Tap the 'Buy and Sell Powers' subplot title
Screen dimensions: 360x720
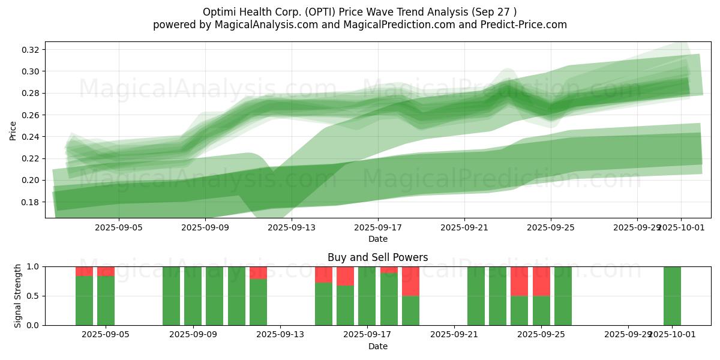(x=377, y=257)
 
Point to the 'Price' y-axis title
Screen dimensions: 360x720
(x=13, y=130)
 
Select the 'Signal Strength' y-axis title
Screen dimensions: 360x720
(x=18, y=296)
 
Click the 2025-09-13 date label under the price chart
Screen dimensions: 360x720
(x=291, y=227)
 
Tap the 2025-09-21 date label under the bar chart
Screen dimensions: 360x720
(x=454, y=335)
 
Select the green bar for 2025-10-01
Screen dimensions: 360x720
(x=672, y=296)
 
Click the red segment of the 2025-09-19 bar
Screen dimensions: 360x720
(x=410, y=281)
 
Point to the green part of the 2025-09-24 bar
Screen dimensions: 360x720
(x=519, y=310)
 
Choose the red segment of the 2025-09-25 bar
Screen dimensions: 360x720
(x=541, y=281)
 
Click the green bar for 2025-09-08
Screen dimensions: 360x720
(x=171, y=296)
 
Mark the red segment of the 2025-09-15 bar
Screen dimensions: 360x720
(x=323, y=274)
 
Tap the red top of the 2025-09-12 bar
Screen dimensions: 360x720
(x=258, y=272)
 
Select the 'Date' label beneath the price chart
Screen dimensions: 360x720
(x=377, y=239)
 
